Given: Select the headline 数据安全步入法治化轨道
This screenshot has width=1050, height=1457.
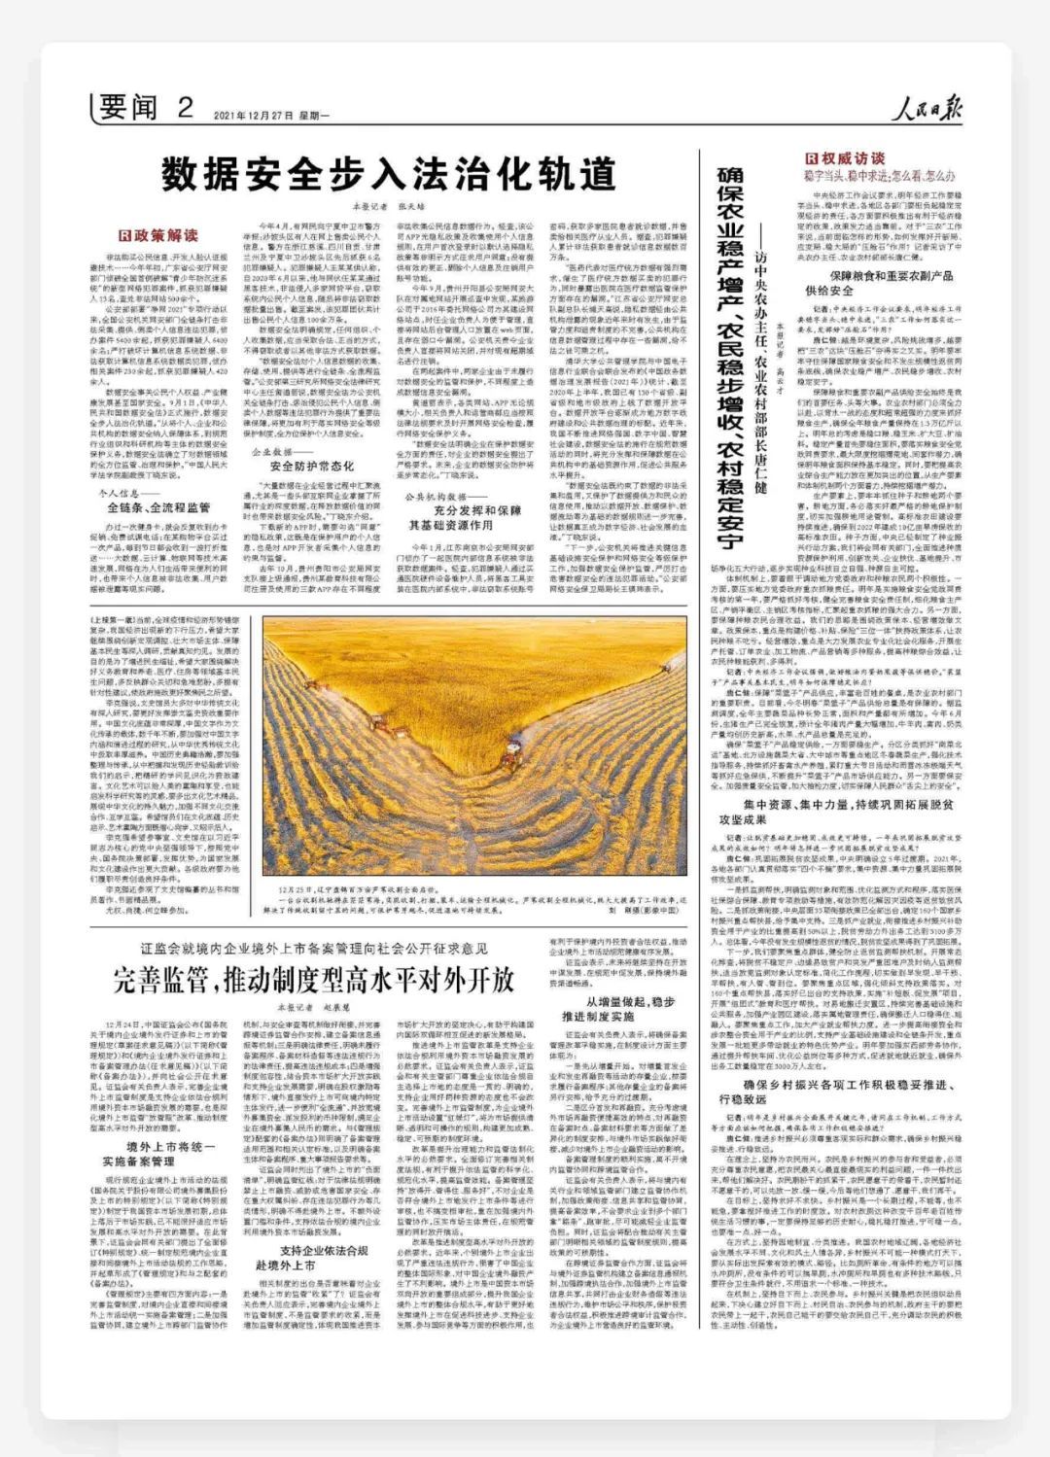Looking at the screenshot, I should click(389, 175).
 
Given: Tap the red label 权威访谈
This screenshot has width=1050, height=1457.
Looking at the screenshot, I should click(845, 157).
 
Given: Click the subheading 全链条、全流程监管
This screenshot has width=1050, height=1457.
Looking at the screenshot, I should click(158, 507).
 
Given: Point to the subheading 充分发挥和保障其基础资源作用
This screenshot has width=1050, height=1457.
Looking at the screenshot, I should click(464, 517).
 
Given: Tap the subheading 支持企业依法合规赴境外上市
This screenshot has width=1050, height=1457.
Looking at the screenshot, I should click(324, 1257).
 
